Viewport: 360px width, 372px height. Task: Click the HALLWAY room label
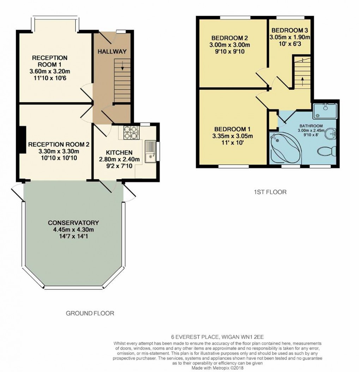click(x=112, y=52)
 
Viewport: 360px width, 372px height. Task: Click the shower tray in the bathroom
click(x=325, y=110)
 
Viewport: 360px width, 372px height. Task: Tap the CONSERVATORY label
click(x=73, y=223)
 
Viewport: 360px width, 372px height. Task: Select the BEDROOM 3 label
click(x=290, y=30)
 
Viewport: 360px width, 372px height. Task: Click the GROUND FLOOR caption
click(x=90, y=313)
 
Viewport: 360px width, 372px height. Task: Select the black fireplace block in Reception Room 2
click(x=23, y=140)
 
